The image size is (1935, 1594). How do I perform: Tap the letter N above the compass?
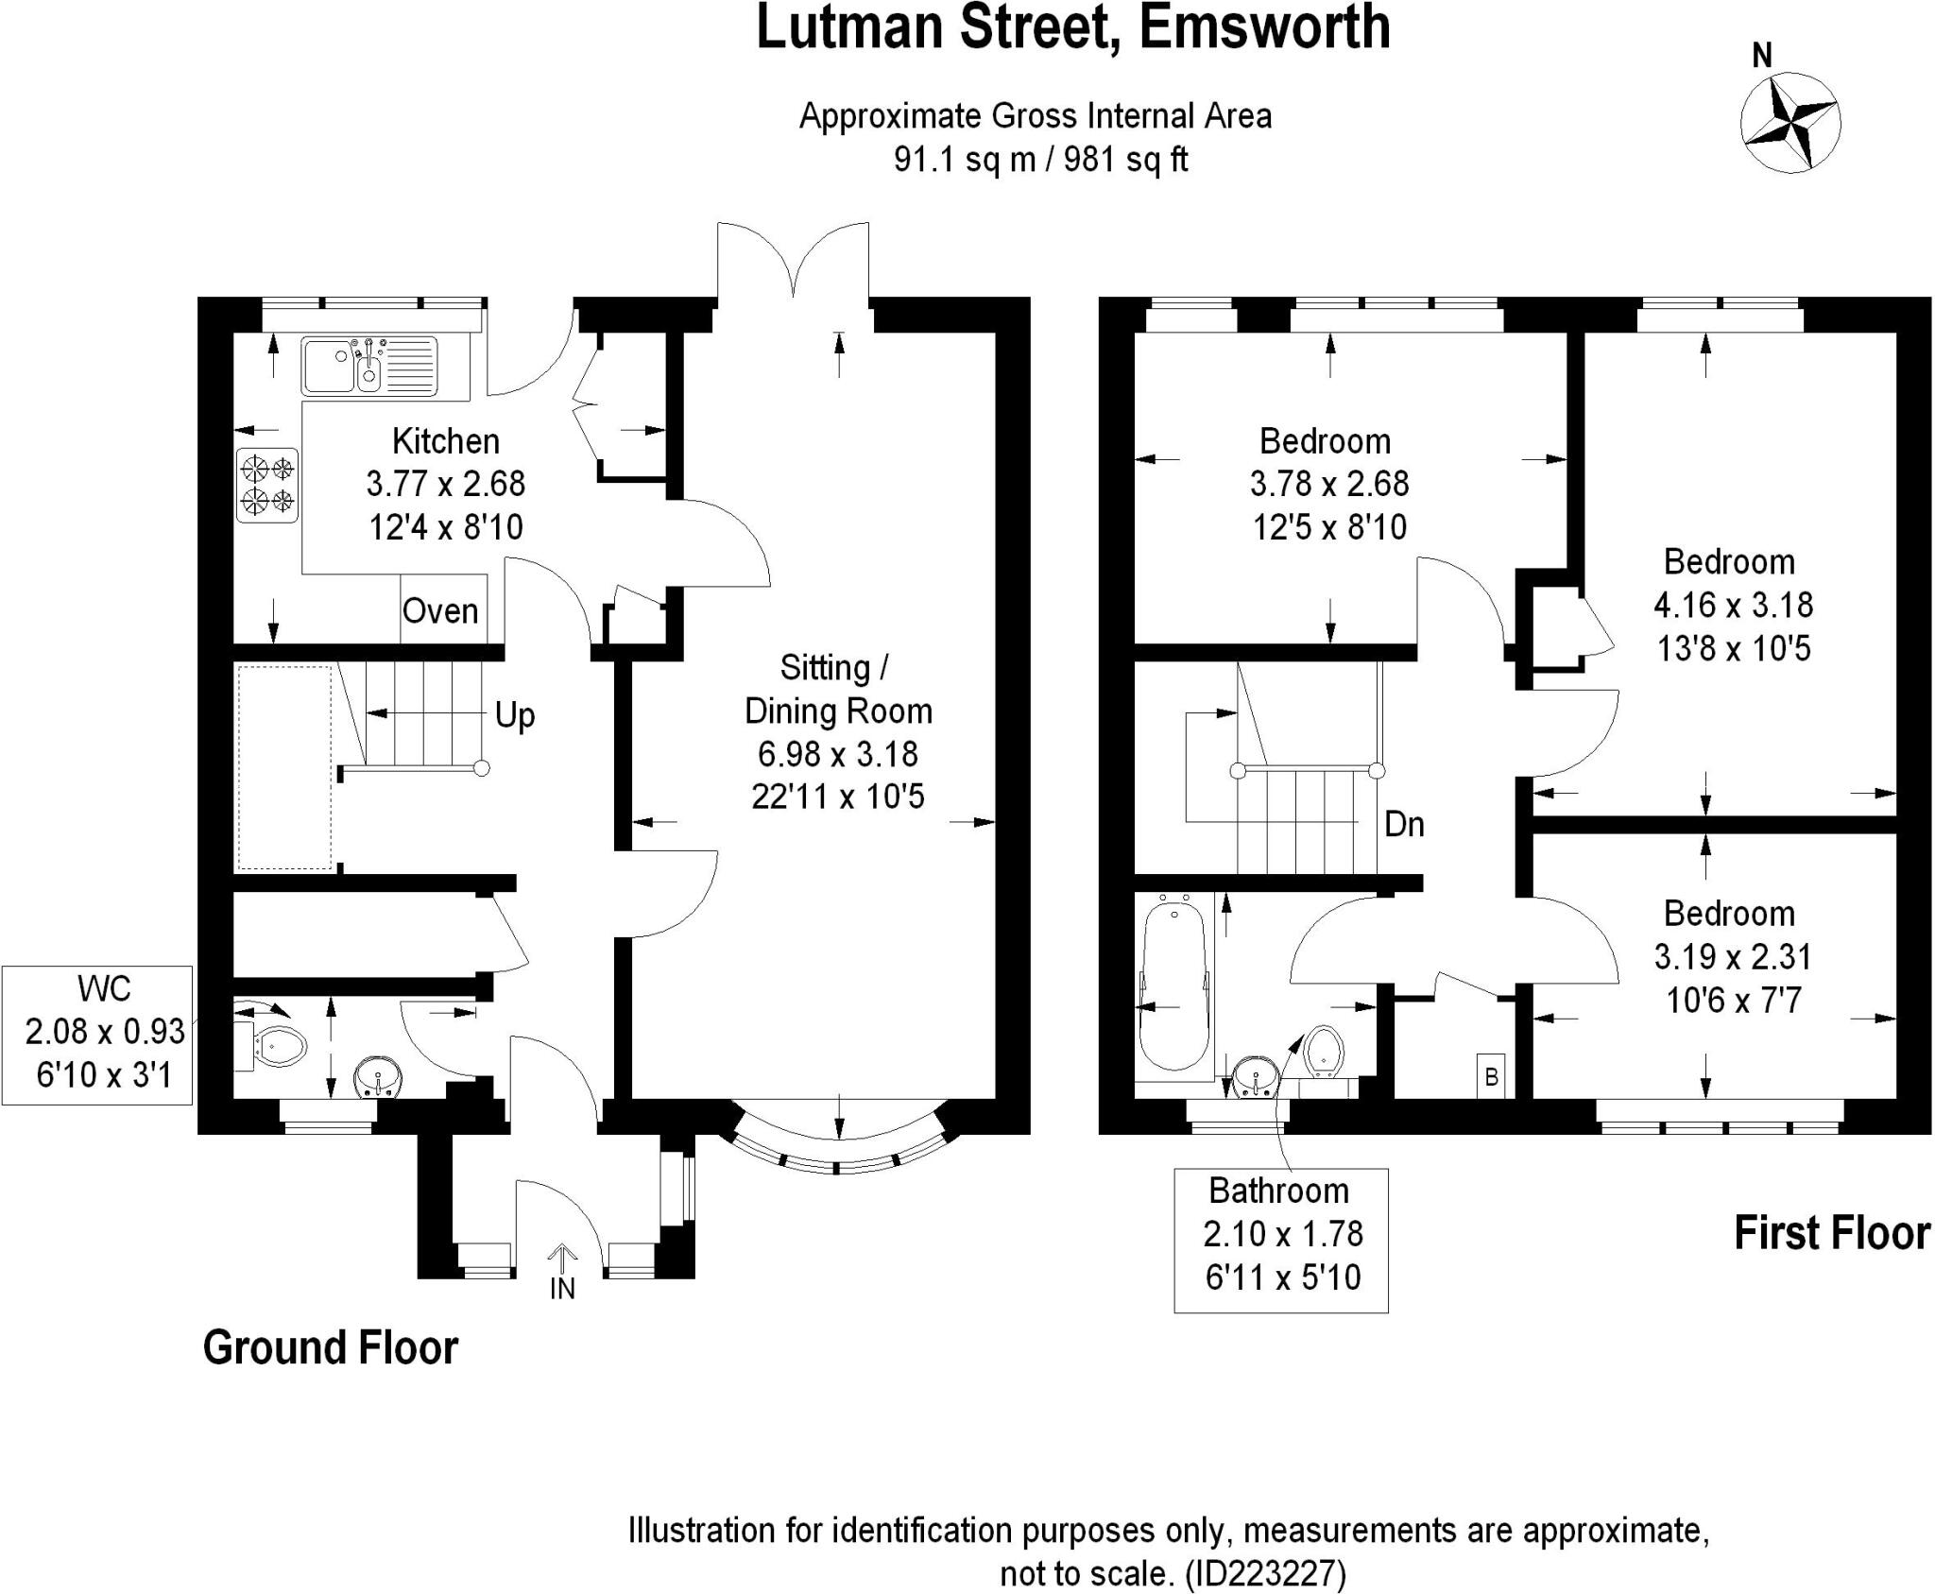click(1762, 57)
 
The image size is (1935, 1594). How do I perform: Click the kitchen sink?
click(369, 366)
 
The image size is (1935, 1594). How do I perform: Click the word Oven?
click(440, 611)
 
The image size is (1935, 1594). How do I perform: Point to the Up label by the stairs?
click(515, 715)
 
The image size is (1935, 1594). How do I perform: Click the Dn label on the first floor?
click(1404, 825)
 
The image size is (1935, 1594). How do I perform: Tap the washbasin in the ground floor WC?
click(379, 1076)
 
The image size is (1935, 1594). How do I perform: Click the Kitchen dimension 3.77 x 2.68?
click(445, 484)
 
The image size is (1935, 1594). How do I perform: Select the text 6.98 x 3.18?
click(838, 754)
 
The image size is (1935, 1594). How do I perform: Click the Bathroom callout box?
click(1281, 1240)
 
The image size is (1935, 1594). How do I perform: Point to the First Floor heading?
click(1831, 1233)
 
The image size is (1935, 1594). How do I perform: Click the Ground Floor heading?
click(331, 1347)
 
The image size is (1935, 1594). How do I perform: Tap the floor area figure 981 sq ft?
click(1125, 160)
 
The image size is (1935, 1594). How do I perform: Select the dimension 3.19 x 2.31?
click(1732, 957)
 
